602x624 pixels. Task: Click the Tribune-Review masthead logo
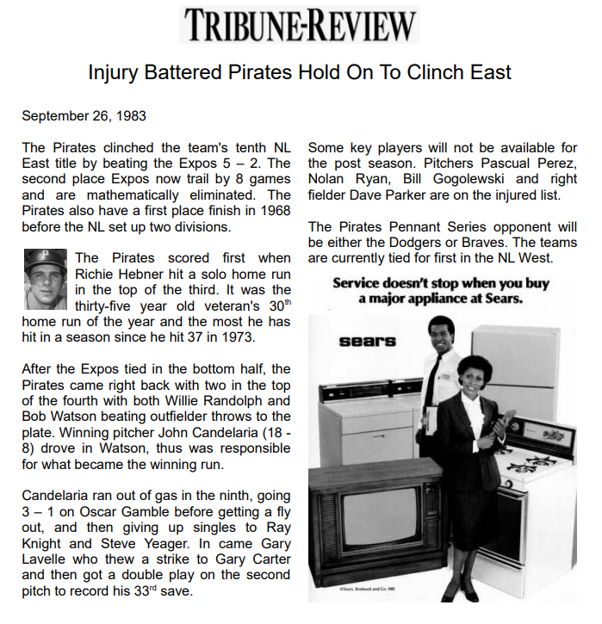click(x=300, y=25)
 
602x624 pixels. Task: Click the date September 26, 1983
click(x=84, y=116)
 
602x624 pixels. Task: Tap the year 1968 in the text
click(x=271, y=211)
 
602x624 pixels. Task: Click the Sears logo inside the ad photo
click(x=368, y=341)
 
